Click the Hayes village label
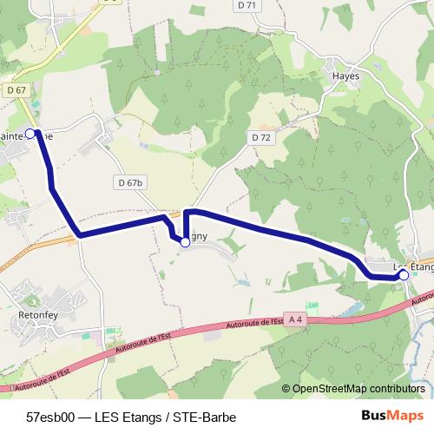coord(345,76)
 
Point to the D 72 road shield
coord(261,137)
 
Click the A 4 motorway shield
coord(296,319)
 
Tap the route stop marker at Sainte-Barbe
coord(30,133)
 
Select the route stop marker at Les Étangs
coord(404,274)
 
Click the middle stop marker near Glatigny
coord(185,243)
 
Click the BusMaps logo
coord(392,415)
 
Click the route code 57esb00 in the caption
coord(50,415)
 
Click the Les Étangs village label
coord(413,266)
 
